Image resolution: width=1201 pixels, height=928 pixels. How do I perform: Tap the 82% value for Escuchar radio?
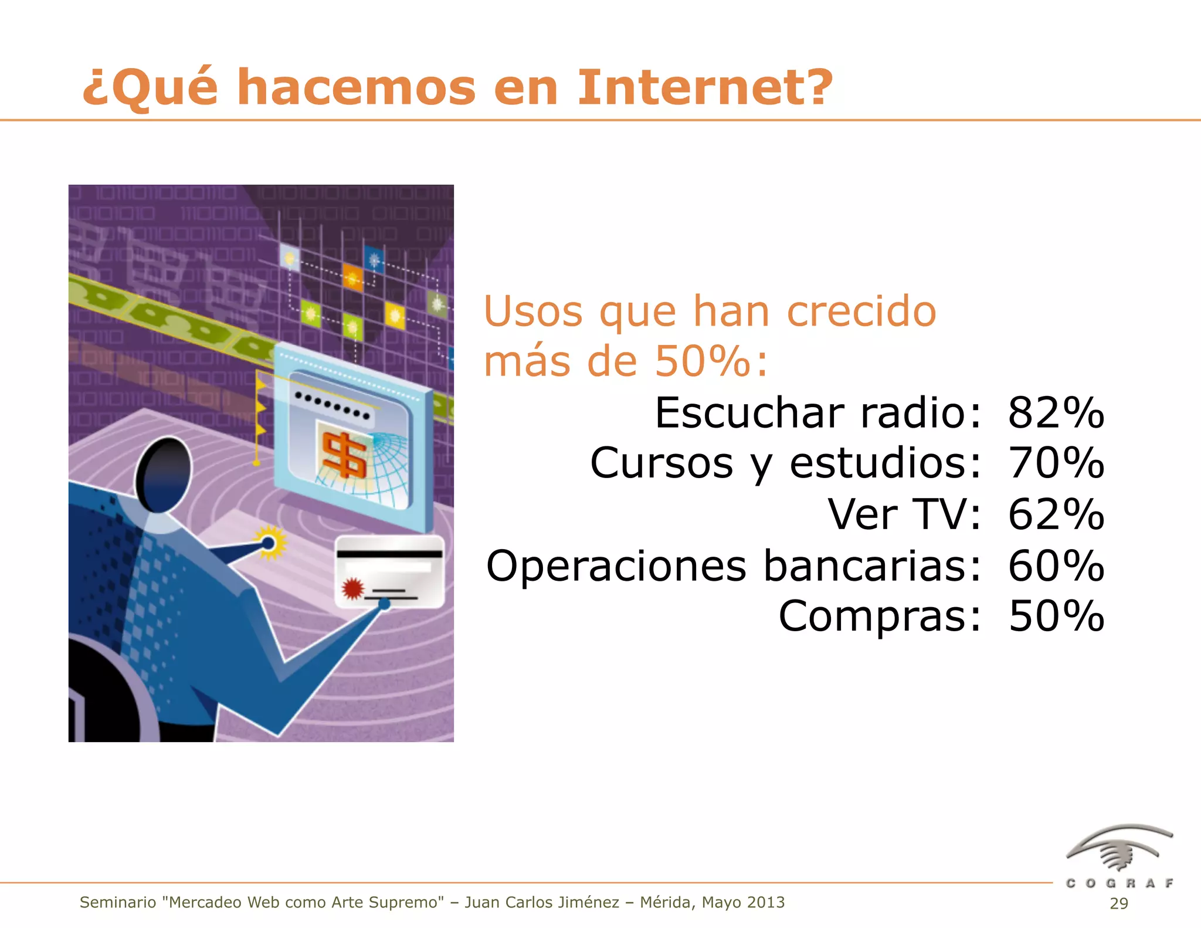click(1056, 413)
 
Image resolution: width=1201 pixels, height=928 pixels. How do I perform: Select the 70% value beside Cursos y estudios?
click(1056, 463)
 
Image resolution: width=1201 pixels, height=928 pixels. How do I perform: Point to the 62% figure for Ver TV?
click(1056, 514)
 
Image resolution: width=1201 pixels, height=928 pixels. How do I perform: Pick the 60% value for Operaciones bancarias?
click(1056, 566)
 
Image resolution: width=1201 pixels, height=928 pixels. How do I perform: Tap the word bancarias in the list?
click(871, 566)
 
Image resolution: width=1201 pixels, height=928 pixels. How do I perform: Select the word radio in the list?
click(918, 413)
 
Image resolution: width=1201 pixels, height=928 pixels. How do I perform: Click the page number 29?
click(1118, 903)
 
